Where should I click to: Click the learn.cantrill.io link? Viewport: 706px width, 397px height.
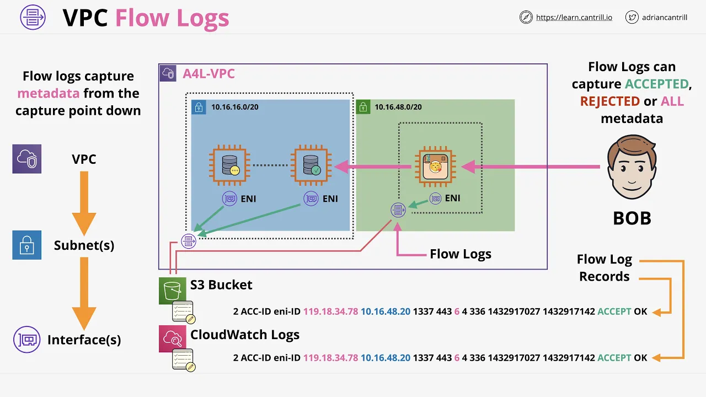click(574, 18)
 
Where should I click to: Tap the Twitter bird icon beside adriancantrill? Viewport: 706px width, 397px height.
click(632, 17)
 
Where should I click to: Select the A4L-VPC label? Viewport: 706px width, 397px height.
click(208, 74)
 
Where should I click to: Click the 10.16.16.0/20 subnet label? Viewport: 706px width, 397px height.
click(235, 107)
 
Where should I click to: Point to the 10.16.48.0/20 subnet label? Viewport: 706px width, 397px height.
click(398, 107)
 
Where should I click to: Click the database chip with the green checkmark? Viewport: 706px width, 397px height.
click(311, 165)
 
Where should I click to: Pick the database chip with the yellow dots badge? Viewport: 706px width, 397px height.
click(229, 165)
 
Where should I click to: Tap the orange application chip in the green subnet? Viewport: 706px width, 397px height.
click(436, 167)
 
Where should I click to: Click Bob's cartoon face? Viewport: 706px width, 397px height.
click(632, 167)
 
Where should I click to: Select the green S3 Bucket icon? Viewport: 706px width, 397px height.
click(172, 291)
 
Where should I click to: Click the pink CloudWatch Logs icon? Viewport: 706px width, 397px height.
click(172, 339)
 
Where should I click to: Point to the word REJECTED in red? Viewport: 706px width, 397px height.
click(610, 101)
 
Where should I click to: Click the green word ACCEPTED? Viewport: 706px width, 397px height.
click(657, 84)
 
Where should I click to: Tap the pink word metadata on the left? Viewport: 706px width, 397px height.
click(48, 93)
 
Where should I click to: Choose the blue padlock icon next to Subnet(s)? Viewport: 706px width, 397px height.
click(27, 245)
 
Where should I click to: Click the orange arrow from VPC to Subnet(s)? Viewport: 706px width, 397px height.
click(84, 203)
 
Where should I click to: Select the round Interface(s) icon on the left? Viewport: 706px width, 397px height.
click(27, 339)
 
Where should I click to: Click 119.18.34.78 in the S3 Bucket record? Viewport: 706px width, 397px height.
click(330, 312)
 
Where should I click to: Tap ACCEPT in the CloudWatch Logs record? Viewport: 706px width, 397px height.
click(614, 358)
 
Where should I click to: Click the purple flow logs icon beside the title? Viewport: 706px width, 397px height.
click(33, 17)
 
